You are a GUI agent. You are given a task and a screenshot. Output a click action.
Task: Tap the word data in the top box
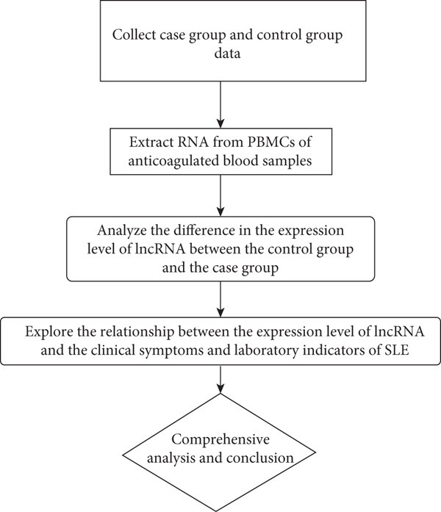pyautogui.click(x=227, y=53)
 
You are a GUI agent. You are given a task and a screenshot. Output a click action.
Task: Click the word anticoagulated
pyautogui.click(x=173, y=161)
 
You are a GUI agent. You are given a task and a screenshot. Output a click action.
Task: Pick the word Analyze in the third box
pyautogui.click(x=122, y=231)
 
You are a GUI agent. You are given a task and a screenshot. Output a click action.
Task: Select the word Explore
pyautogui.click(x=49, y=332)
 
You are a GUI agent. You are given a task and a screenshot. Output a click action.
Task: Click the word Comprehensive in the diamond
pyautogui.click(x=220, y=439)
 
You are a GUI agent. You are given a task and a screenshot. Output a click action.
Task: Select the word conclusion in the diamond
pyautogui.click(x=259, y=458)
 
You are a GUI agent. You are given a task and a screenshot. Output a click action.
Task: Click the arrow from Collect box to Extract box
pyautogui.click(x=220, y=104)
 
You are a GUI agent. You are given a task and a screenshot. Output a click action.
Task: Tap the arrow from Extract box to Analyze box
pyautogui.click(x=220, y=195)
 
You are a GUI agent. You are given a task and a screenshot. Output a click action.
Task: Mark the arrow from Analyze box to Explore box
pyautogui.click(x=220, y=299)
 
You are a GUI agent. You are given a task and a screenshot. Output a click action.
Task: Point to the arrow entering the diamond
pyautogui.click(x=220, y=379)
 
